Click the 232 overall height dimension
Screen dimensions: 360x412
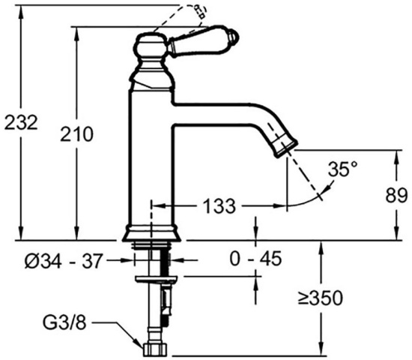pos(21,121)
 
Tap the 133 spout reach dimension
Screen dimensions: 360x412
pos(220,205)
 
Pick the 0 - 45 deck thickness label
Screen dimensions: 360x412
pos(256,259)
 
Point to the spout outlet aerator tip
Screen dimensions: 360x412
pos(289,145)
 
